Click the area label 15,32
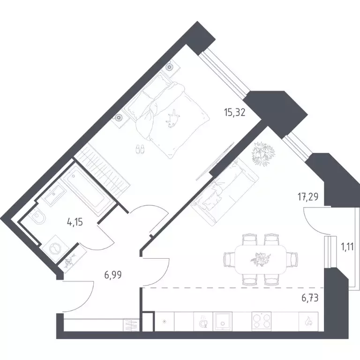235,112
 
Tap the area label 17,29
308,197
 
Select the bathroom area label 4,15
75,222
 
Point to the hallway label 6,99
113,275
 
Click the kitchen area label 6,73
310,298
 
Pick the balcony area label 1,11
347,247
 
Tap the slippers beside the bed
140,149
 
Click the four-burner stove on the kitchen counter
261,321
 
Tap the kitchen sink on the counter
222,322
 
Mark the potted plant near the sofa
263,153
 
